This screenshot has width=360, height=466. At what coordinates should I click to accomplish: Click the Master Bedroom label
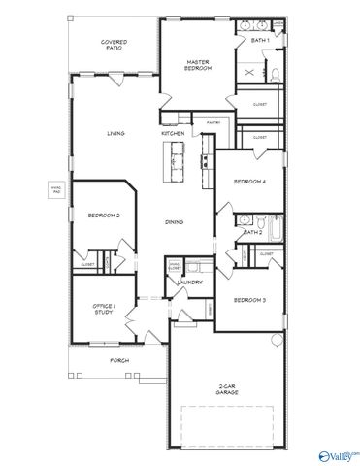tap(198, 65)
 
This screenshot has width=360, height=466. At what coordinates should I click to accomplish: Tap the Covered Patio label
tap(115, 45)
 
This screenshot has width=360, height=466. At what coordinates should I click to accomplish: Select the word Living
tap(116, 134)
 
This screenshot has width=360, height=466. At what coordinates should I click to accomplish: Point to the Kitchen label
tap(173, 133)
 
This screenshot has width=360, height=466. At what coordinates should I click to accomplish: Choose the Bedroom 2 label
tap(103, 216)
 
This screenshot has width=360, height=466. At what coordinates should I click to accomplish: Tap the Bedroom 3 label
tap(250, 300)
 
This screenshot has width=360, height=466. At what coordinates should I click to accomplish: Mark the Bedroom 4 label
tap(249, 182)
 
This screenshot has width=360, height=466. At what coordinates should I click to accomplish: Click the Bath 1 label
tap(260, 41)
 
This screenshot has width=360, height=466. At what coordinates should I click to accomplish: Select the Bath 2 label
tap(252, 232)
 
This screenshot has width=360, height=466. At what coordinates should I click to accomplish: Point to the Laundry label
tap(188, 283)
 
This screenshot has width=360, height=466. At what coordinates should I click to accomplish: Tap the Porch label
tap(118, 360)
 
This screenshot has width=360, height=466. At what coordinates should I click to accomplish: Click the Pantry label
tap(213, 122)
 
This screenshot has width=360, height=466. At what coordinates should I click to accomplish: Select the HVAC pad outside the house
tap(56, 191)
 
